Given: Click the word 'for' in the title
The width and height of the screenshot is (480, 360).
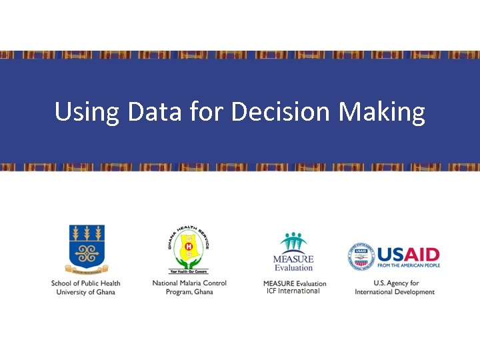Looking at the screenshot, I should pyautogui.click(x=206, y=112).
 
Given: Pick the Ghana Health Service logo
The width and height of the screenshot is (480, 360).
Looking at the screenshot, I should pyautogui.click(x=189, y=247).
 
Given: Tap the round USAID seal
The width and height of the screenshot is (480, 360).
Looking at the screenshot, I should pyautogui.click(x=361, y=257).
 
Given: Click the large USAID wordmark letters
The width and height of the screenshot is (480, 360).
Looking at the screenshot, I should pyautogui.click(x=408, y=254).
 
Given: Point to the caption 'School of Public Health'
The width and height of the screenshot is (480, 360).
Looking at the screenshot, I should pyautogui.click(x=85, y=283).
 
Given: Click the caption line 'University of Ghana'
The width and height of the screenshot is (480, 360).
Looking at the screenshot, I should pyautogui.click(x=85, y=292).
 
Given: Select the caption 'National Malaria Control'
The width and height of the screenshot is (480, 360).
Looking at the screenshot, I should pyautogui.click(x=189, y=283).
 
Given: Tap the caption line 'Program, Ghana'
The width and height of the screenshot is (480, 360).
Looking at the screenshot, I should pyautogui.click(x=189, y=292).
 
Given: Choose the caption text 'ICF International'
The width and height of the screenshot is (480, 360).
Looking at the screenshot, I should pyautogui.click(x=293, y=291).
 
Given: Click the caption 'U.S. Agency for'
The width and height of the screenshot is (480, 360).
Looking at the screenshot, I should pyautogui.click(x=396, y=283).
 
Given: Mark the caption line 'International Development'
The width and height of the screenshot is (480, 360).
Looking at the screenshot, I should pyautogui.click(x=395, y=292).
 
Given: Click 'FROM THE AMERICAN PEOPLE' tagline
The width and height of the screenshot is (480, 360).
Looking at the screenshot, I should pyautogui.click(x=409, y=265).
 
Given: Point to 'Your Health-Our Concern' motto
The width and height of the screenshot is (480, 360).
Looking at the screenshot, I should pyautogui.click(x=189, y=272).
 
